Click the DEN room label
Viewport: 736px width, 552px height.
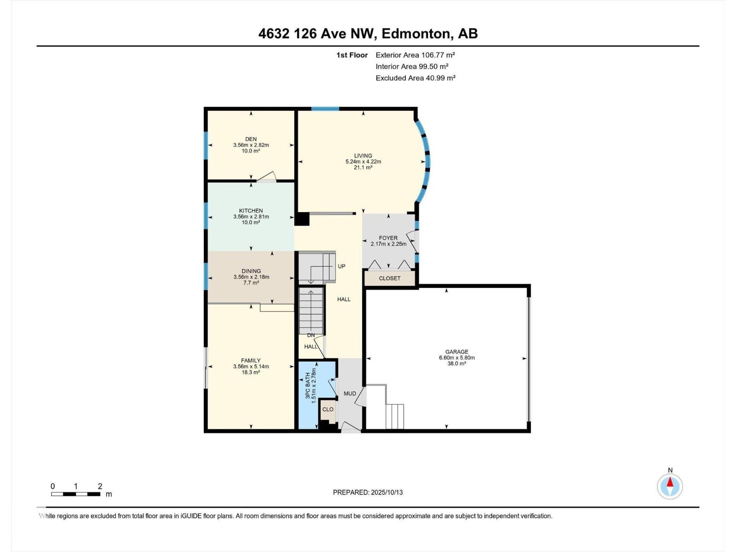coord(251,139)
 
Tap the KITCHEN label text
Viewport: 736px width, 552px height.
coord(251,211)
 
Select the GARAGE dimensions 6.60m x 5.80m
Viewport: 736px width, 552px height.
coord(457,357)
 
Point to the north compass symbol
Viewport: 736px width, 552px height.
coord(670,486)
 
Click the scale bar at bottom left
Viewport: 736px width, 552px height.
coord(76,494)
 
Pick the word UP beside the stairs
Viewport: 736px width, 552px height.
coord(341,266)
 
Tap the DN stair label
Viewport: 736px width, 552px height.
coord(311,335)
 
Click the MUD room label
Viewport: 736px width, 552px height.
coord(350,393)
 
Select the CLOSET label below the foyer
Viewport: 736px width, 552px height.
coord(390,278)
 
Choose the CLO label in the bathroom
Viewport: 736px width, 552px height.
coord(328,409)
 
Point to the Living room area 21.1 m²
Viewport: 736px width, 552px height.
coord(363,167)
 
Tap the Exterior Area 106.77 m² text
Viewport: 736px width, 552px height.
coord(415,55)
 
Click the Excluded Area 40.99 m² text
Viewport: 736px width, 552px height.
coord(415,78)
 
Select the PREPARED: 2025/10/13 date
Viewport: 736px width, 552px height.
coord(368,492)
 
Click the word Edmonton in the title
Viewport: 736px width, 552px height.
coord(416,34)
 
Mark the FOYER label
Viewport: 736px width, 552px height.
coord(388,238)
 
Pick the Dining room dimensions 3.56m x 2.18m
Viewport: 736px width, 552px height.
coord(251,277)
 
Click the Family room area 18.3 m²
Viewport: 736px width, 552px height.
coord(251,372)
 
